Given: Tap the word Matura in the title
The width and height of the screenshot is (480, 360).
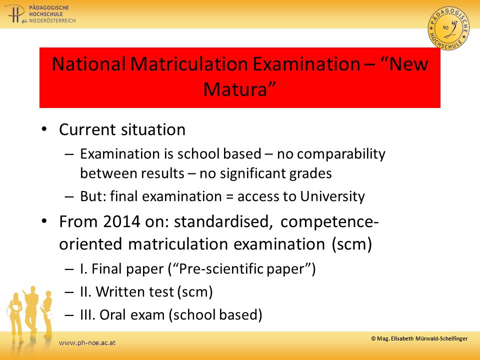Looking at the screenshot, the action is pyautogui.click(x=235, y=89).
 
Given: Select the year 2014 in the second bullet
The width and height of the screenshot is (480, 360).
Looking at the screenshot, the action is pyautogui.click(x=121, y=221).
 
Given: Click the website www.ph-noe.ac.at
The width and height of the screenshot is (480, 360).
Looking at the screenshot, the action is pyautogui.click(x=87, y=343).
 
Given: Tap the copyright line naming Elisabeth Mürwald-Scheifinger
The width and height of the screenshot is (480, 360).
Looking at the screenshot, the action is pyautogui.click(x=419, y=338).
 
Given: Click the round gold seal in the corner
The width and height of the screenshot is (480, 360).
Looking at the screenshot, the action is pyautogui.click(x=449, y=28).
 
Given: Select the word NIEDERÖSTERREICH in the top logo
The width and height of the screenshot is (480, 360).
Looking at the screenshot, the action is pyautogui.click(x=52, y=20).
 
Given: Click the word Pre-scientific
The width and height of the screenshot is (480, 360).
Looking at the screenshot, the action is pyautogui.click(x=221, y=269).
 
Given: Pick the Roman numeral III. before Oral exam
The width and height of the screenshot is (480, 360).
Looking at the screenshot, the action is pyautogui.click(x=88, y=314).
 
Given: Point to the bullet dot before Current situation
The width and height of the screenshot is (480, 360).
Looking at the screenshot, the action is pyautogui.click(x=44, y=129).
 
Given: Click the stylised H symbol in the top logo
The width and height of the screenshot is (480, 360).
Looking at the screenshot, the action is pyautogui.click(x=14, y=14).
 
